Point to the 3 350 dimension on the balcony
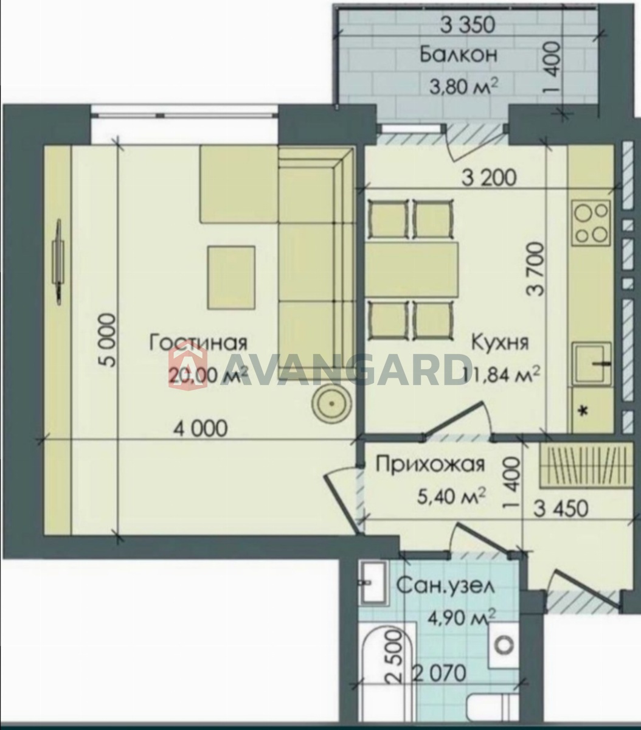point(467,25)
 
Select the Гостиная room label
point(198,343)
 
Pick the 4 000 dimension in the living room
point(201,429)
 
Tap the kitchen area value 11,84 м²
point(501,375)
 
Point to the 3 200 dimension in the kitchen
point(490,178)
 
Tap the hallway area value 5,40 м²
point(451,498)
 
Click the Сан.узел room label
point(445,586)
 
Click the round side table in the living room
point(331,403)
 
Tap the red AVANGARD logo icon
point(188,364)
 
